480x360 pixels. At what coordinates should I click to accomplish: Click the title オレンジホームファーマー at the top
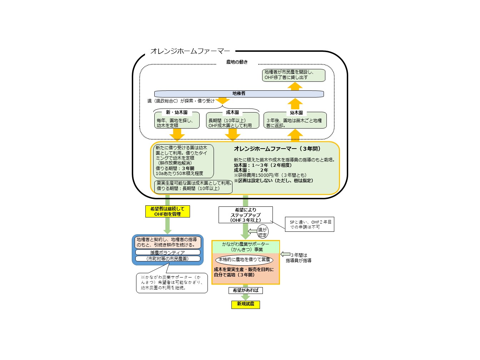point(190,51)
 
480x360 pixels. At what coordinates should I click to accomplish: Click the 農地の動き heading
point(237,62)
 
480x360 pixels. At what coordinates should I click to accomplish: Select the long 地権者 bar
point(239,94)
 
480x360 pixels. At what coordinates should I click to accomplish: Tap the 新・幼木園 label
point(176,112)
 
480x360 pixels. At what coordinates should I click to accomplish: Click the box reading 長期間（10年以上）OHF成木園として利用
point(232,122)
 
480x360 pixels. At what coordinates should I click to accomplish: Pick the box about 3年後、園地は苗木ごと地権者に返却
point(295,122)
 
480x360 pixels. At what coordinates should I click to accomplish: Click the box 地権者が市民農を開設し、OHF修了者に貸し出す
point(294,75)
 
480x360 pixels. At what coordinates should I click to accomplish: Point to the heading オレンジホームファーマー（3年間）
point(277,149)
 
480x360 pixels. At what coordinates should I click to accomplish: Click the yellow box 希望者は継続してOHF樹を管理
point(167,211)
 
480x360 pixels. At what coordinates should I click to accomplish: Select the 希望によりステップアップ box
point(245,215)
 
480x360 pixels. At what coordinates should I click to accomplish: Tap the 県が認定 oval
point(262,232)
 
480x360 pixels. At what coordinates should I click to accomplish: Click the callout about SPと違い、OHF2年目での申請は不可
point(309,224)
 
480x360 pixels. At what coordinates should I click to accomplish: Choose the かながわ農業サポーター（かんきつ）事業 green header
point(245,247)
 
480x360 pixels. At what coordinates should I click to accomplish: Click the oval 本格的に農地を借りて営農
point(244,260)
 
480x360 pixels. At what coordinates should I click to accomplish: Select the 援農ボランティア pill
point(167,252)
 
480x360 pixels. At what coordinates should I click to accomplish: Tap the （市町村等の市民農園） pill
point(167,259)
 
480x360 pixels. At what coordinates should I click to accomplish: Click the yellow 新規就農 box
point(246,304)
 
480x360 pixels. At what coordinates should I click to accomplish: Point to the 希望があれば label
point(245,290)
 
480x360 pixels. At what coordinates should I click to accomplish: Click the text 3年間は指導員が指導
point(299,258)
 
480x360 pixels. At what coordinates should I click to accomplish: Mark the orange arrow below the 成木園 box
point(232,134)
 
